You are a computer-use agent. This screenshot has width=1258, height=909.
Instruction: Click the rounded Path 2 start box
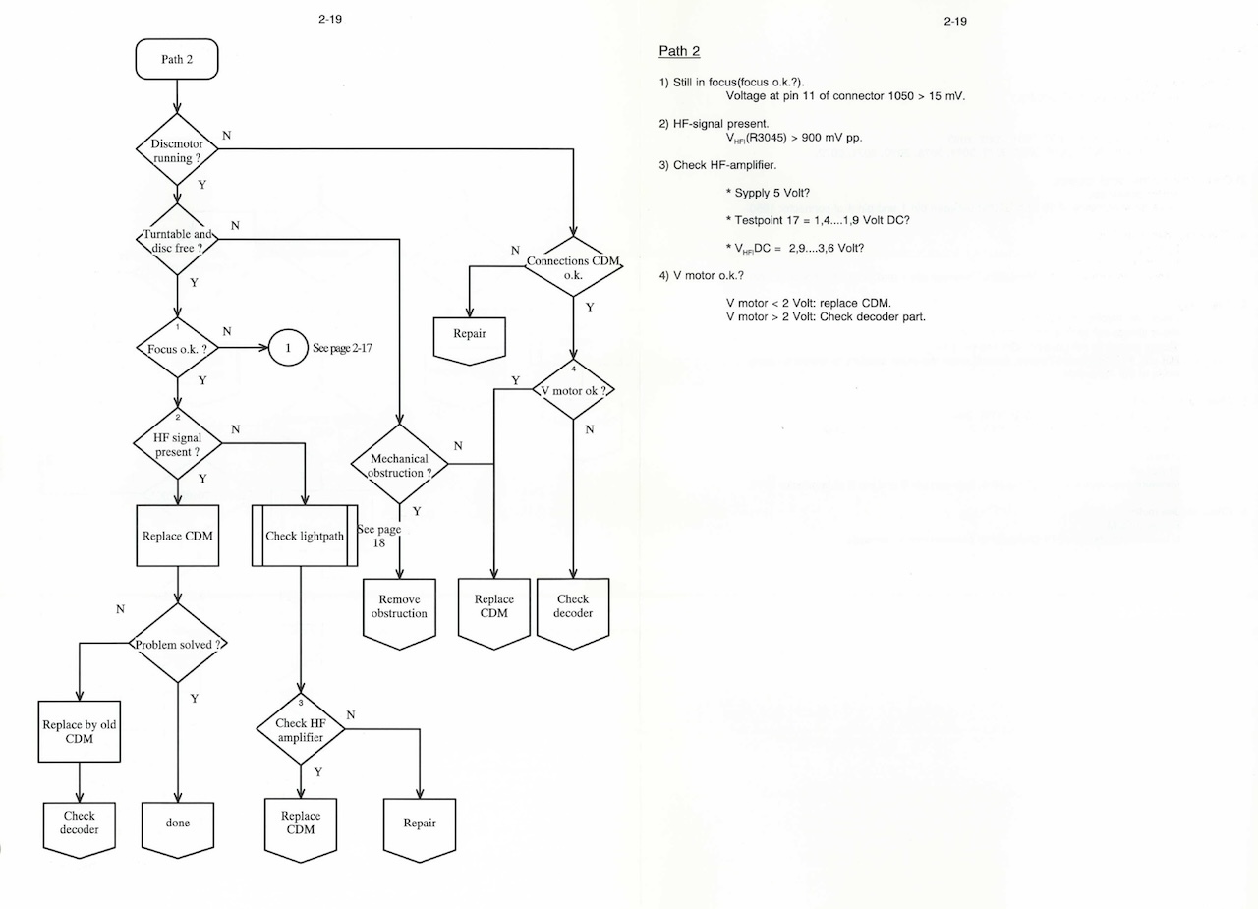click(x=177, y=59)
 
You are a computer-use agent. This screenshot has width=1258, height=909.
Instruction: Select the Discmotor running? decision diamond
click(x=177, y=149)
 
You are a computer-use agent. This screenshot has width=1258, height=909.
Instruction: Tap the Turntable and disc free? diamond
click(x=177, y=241)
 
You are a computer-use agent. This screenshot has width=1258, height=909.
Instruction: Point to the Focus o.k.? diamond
click(x=177, y=348)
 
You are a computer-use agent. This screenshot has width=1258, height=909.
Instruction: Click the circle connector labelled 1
click(x=288, y=348)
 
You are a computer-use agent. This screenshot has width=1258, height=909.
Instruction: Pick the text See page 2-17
click(x=342, y=348)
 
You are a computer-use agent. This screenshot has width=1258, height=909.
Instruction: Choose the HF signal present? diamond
click(x=177, y=444)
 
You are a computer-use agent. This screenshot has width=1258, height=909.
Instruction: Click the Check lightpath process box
click(x=304, y=536)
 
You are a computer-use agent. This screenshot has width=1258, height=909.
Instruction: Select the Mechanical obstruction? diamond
click(x=399, y=465)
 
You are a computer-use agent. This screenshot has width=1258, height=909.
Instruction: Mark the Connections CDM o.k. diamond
click(x=573, y=267)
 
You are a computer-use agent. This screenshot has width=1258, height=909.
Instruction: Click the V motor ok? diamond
click(x=573, y=390)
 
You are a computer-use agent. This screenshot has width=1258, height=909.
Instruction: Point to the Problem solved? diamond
click(x=177, y=644)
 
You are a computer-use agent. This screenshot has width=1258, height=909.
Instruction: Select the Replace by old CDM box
click(x=80, y=731)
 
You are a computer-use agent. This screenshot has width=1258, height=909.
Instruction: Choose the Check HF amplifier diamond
click(x=301, y=730)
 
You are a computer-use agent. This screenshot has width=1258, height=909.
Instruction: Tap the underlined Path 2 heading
click(x=678, y=51)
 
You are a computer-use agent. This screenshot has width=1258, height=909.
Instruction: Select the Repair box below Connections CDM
click(x=470, y=338)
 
